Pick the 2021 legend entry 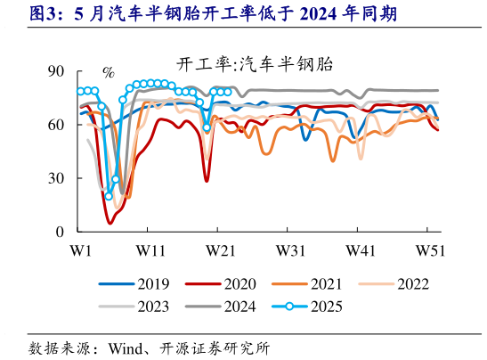(x=326, y=285)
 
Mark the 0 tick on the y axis (x=59, y=232)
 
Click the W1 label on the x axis (x=80, y=250)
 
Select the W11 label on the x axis (x=148, y=250)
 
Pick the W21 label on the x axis (x=219, y=250)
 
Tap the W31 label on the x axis (x=290, y=250)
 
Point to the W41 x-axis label (x=361, y=250)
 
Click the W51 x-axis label (x=431, y=250)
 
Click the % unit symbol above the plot (x=109, y=72)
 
